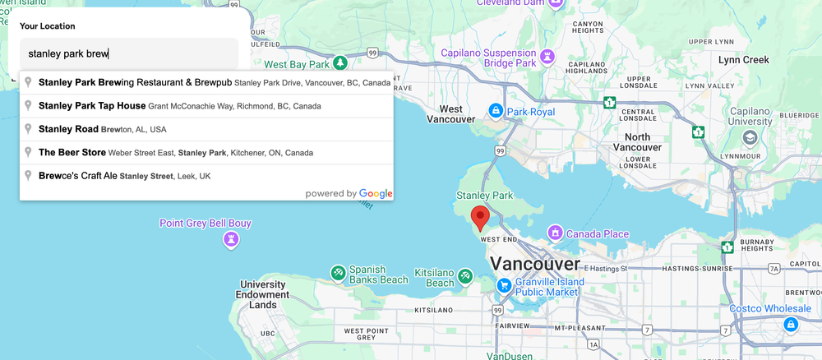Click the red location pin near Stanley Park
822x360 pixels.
pyautogui.click(x=479, y=218)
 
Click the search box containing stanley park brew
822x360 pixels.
pyautogui.click(x=129, y=54)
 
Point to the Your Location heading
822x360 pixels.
pyautogui.click(x=48, y=26)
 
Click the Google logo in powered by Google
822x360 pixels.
pyautogui.click(x=376, y=194)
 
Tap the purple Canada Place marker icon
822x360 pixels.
pyautogui.click(x=556, y=233)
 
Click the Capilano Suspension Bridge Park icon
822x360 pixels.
pyautogui.click(x=548, y=57)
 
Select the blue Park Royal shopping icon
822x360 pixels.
pyautogui.click(x=496, y=110)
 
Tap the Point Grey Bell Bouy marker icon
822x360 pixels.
pyautogui.click(x=232, y=239)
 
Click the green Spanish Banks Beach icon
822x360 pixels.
pyautogui.click(x=338, y=272)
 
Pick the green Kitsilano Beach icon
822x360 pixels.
pyautogui.click(x=465, y=275)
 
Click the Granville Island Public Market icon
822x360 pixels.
pyautogui.click(x=504, y=285)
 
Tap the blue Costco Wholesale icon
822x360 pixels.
pyautogui.click(x=791, y=325)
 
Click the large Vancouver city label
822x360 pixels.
pyautogui.click(x=534, y=265)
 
